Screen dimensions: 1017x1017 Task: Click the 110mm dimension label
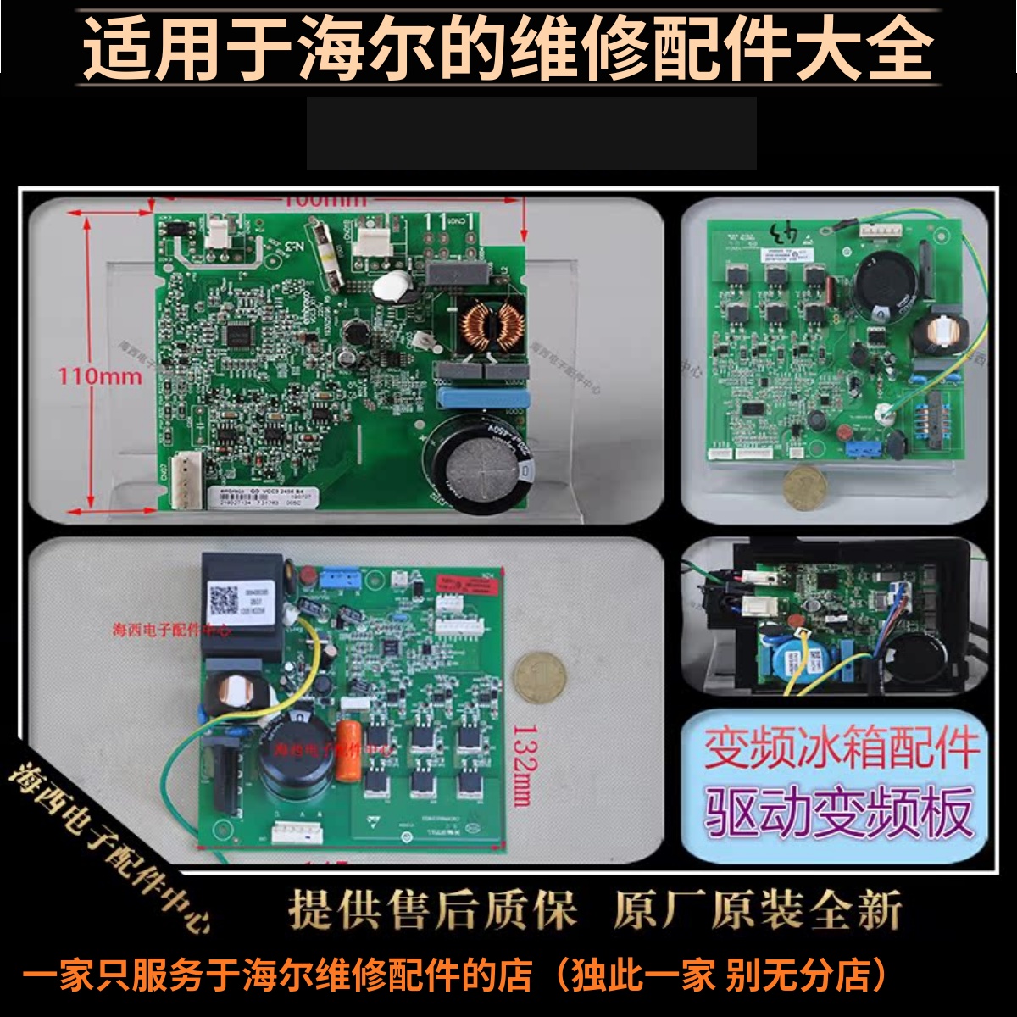coord(99,375)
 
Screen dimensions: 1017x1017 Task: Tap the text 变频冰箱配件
coord(841,749)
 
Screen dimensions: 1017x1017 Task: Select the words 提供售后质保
coord(432,910)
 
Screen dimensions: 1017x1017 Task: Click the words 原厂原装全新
coord(757,910)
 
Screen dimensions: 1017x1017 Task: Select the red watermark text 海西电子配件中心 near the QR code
coord(172,631)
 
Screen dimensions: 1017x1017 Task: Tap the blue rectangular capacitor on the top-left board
coord(481,398)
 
